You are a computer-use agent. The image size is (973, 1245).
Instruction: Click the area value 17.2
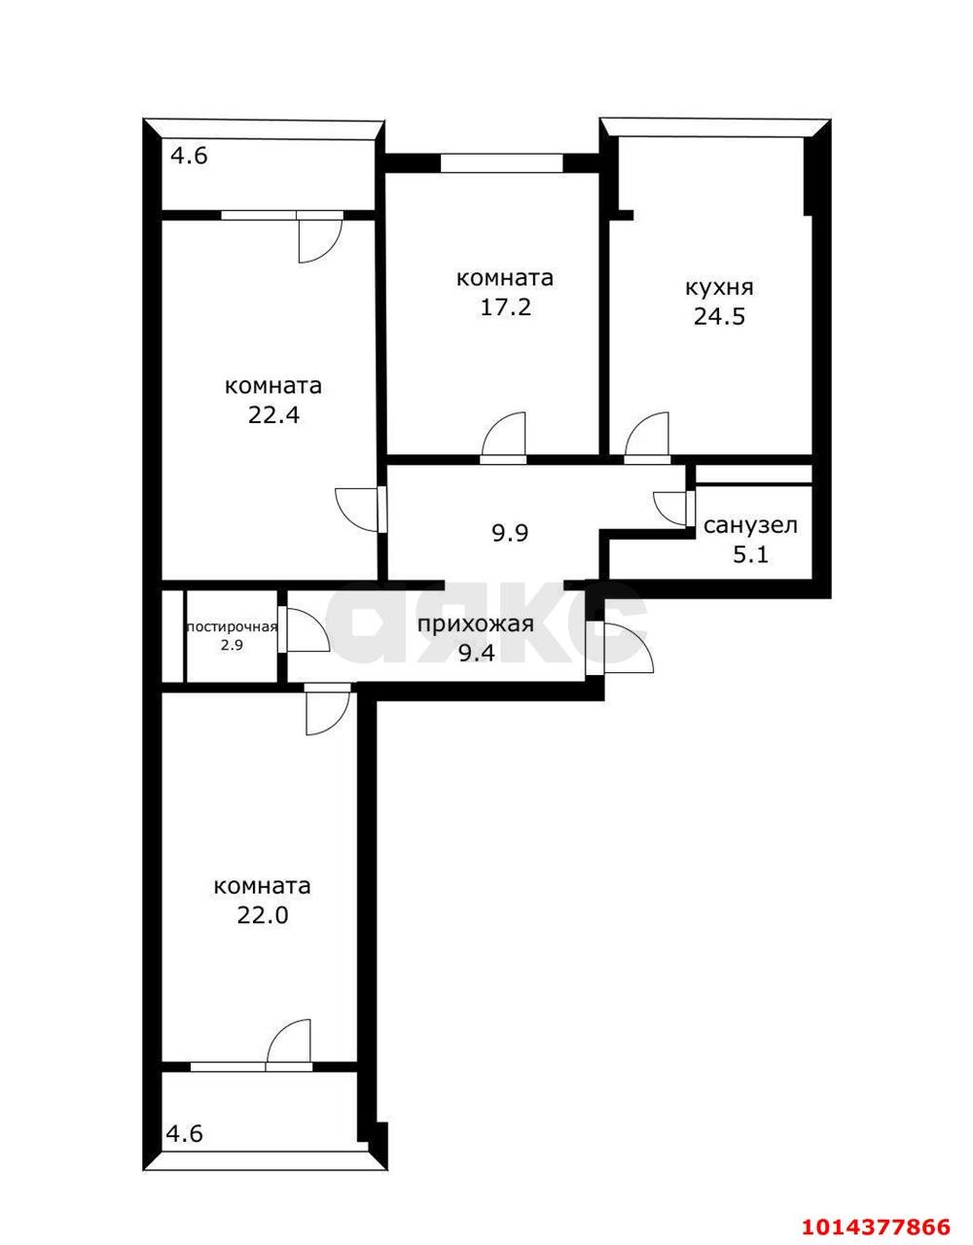pyautogui.click(x=505, y=308)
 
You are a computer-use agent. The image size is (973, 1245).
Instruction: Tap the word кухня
pyautogui.click(x=719, y=288)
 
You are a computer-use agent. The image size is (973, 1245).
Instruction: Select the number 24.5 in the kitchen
pyautogui.click(x=719, y=316)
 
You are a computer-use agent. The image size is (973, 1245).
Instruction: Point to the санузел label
pyautogui.click(x=750, y=526)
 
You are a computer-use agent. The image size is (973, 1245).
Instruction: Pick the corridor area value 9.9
pyautogui.click(x=509, y=533)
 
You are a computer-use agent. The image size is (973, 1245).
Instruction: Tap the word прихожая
pyautogui.click(x=476, y=624)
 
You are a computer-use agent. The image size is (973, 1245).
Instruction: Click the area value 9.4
pyautogui.click(x=476, y=654)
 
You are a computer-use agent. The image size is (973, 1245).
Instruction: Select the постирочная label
pyautogui.click(x=232, y=626)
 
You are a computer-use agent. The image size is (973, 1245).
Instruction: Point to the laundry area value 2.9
pyautogui.click(x=232, y=644)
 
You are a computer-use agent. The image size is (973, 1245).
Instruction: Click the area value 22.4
pyautogui.click(x=273, y=415)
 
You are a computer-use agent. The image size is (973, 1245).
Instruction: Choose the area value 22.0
pyautogui.click(x=263, y=915)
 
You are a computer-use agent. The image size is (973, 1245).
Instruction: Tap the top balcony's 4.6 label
pyautogui.click(x=190, y=156)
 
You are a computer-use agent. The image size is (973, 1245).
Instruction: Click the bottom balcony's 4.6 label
pyautogui.click(x=184, y=1133)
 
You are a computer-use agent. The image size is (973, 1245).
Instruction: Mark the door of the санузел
pyautogui.click(x=671, y=508)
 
